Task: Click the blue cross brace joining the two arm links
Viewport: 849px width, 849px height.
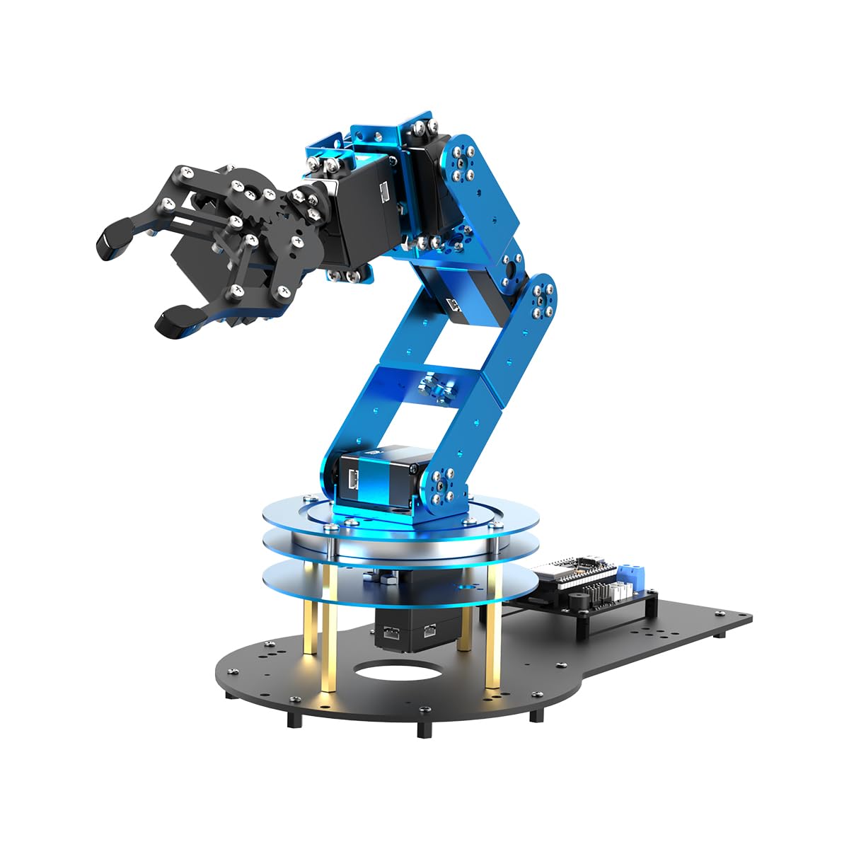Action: click(424, 386)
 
